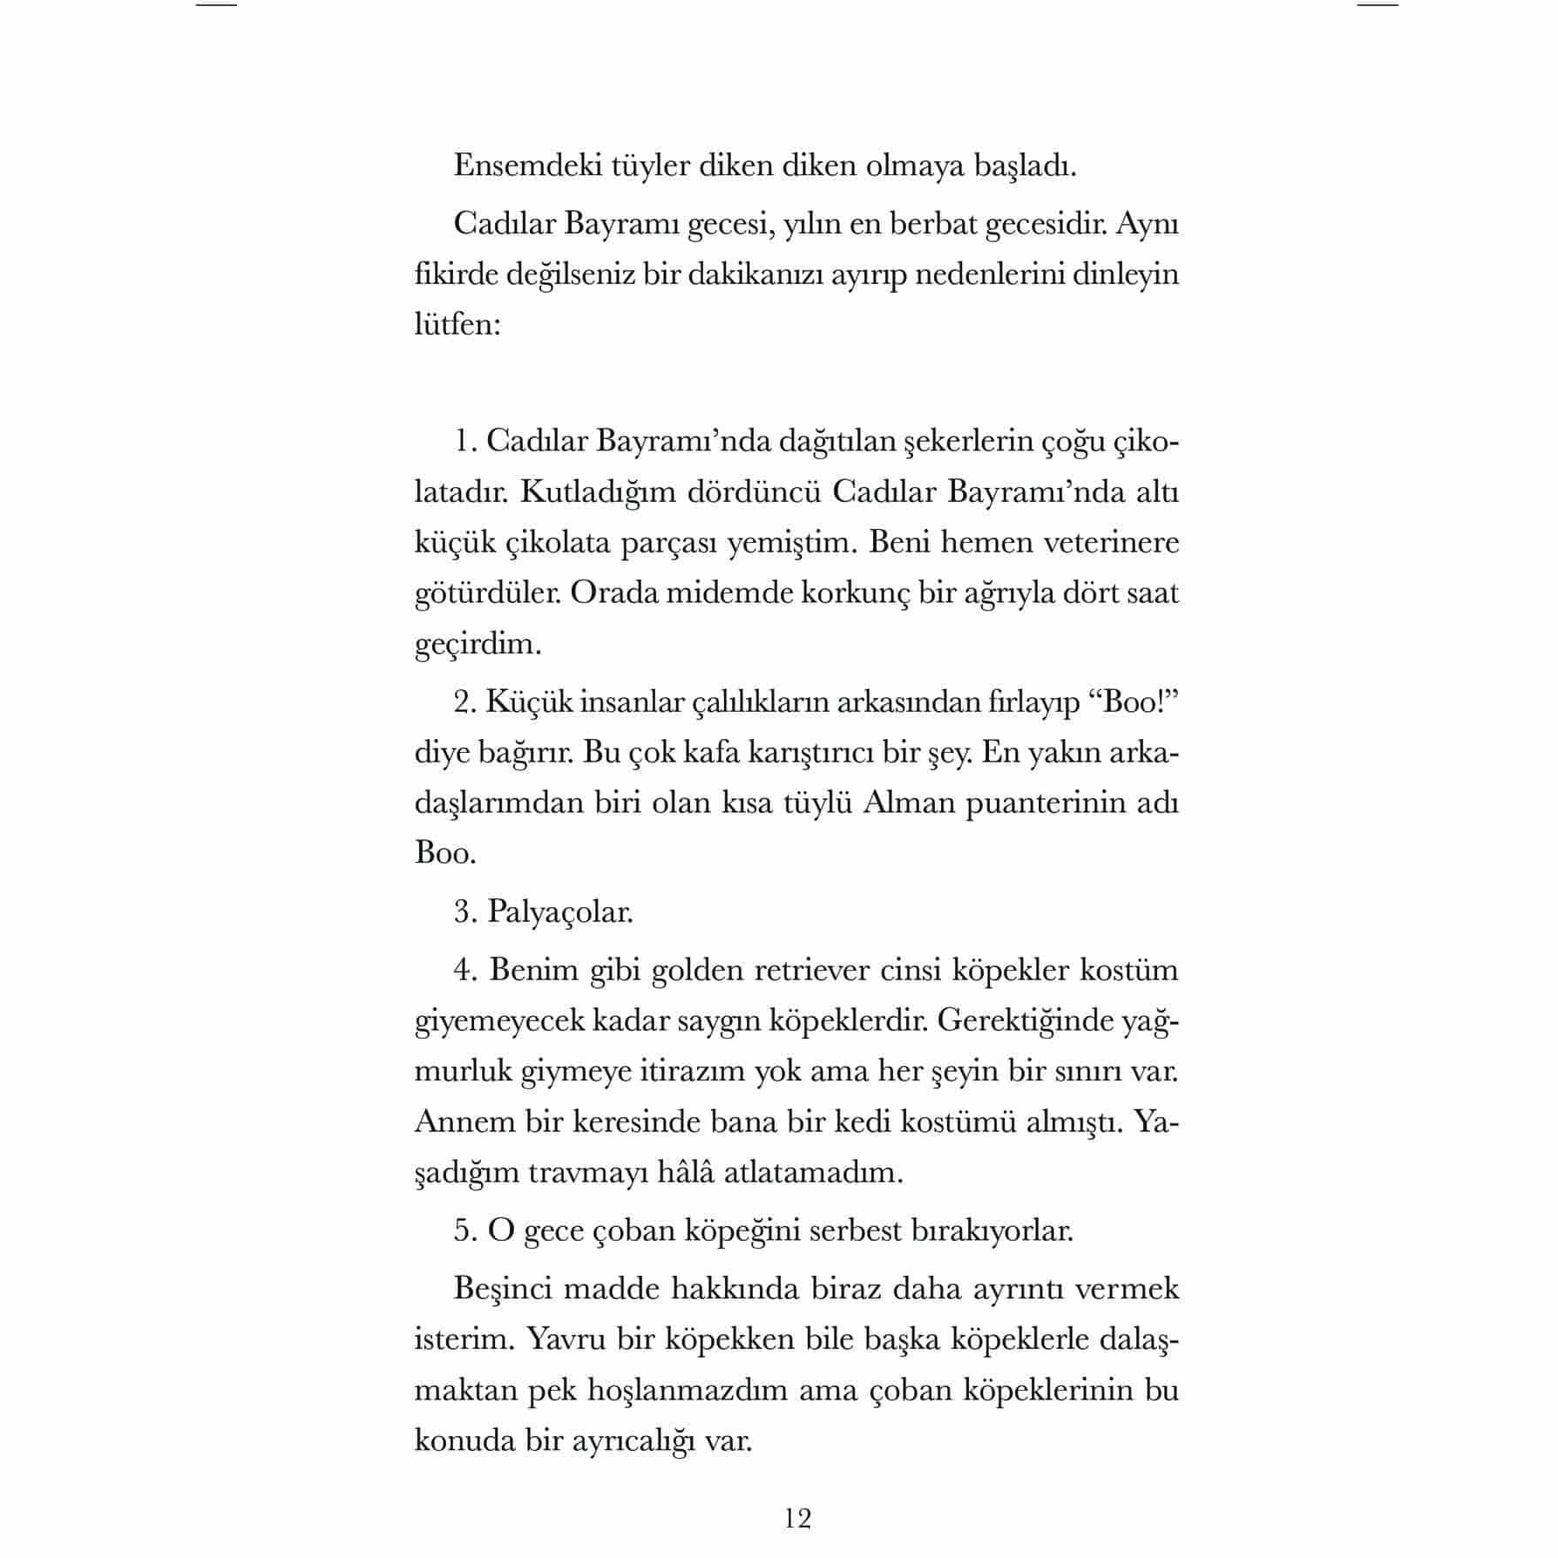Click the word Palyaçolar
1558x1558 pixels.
tap(560, 911)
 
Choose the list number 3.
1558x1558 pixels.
tap(464, 911)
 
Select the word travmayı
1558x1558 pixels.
tap(593, 1172)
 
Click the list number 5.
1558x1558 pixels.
tap(464, 1230)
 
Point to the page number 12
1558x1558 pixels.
tap(797, 1519)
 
